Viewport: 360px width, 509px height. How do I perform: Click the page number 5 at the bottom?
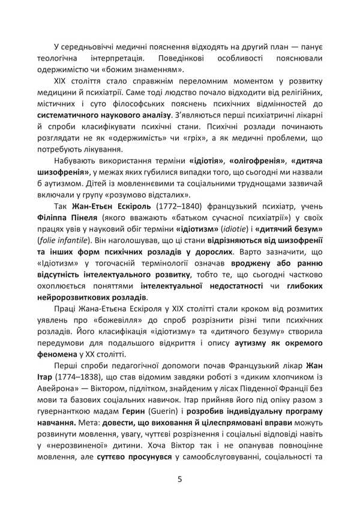(x=180, y=478)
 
